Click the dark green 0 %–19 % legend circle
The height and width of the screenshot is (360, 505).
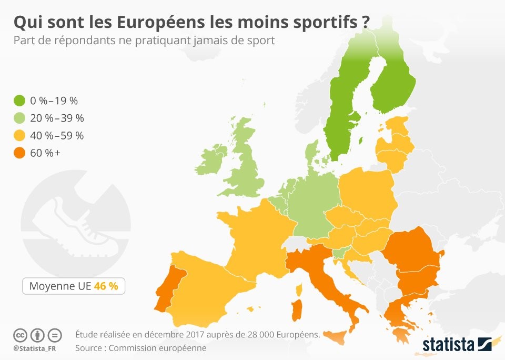click(x=21, y=100)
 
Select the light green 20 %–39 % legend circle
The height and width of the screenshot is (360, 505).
click(x=21, y=118)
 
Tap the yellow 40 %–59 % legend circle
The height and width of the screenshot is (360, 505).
click(x=21, y=136)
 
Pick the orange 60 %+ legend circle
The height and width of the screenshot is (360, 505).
click(x=21, y=153)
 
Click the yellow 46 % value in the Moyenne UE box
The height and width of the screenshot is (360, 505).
click(x=107, y=286)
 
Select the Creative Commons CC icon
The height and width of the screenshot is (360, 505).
click(x=20, y=335)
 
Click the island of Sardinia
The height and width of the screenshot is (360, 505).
click(x=297, y=309)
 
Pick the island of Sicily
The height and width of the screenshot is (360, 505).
click(x=336, y=335)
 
